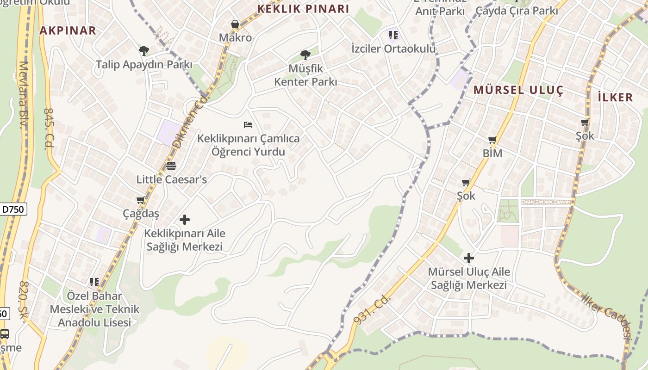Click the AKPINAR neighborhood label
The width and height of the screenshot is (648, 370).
pyautogui.click(x=68, y=31)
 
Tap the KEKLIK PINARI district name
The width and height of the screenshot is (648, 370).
pyautogui.click(x=303, y=9)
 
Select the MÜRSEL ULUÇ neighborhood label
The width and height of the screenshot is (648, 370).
pyautogui.click(x=518, y=90)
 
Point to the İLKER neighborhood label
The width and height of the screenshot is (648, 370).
pyautogui.click(x=615, y=97)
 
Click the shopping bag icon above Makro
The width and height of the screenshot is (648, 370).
pyautogui.click(x=235, y=24)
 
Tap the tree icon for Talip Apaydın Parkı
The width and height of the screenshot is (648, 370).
pyautogui.click(x=143, y=50)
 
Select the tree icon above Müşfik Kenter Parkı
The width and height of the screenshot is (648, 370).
pyautogui.click(x=305, y=55)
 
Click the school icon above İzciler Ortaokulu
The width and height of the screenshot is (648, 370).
pyautogui.click(x=393, y=35)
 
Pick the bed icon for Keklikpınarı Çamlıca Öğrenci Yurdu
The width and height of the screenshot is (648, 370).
pyautogui.click(x=248, y=124)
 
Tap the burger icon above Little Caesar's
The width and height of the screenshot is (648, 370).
pyautogui.click(x=171, y=166)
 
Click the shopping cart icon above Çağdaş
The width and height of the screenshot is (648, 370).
pyautogui.click(x=141, y=200)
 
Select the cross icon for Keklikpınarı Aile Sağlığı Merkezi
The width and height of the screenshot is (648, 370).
pyautogui.click(x=185, y=219)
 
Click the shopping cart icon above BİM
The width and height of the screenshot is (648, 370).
pyautogui.click(x=492, y=140)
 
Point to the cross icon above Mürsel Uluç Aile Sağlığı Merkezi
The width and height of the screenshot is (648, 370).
pyautogui.click(x=469, y=258)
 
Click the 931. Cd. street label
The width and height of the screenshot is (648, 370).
pyautogui.click(x=372, y=309)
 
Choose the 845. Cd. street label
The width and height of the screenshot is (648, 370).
pyautogui.click(x=49, y=129)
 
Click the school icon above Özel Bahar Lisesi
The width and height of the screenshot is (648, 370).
pyautogui.click(x=94, y=282)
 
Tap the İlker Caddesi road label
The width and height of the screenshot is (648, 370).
pyautogui.click(x=608, y=317)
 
